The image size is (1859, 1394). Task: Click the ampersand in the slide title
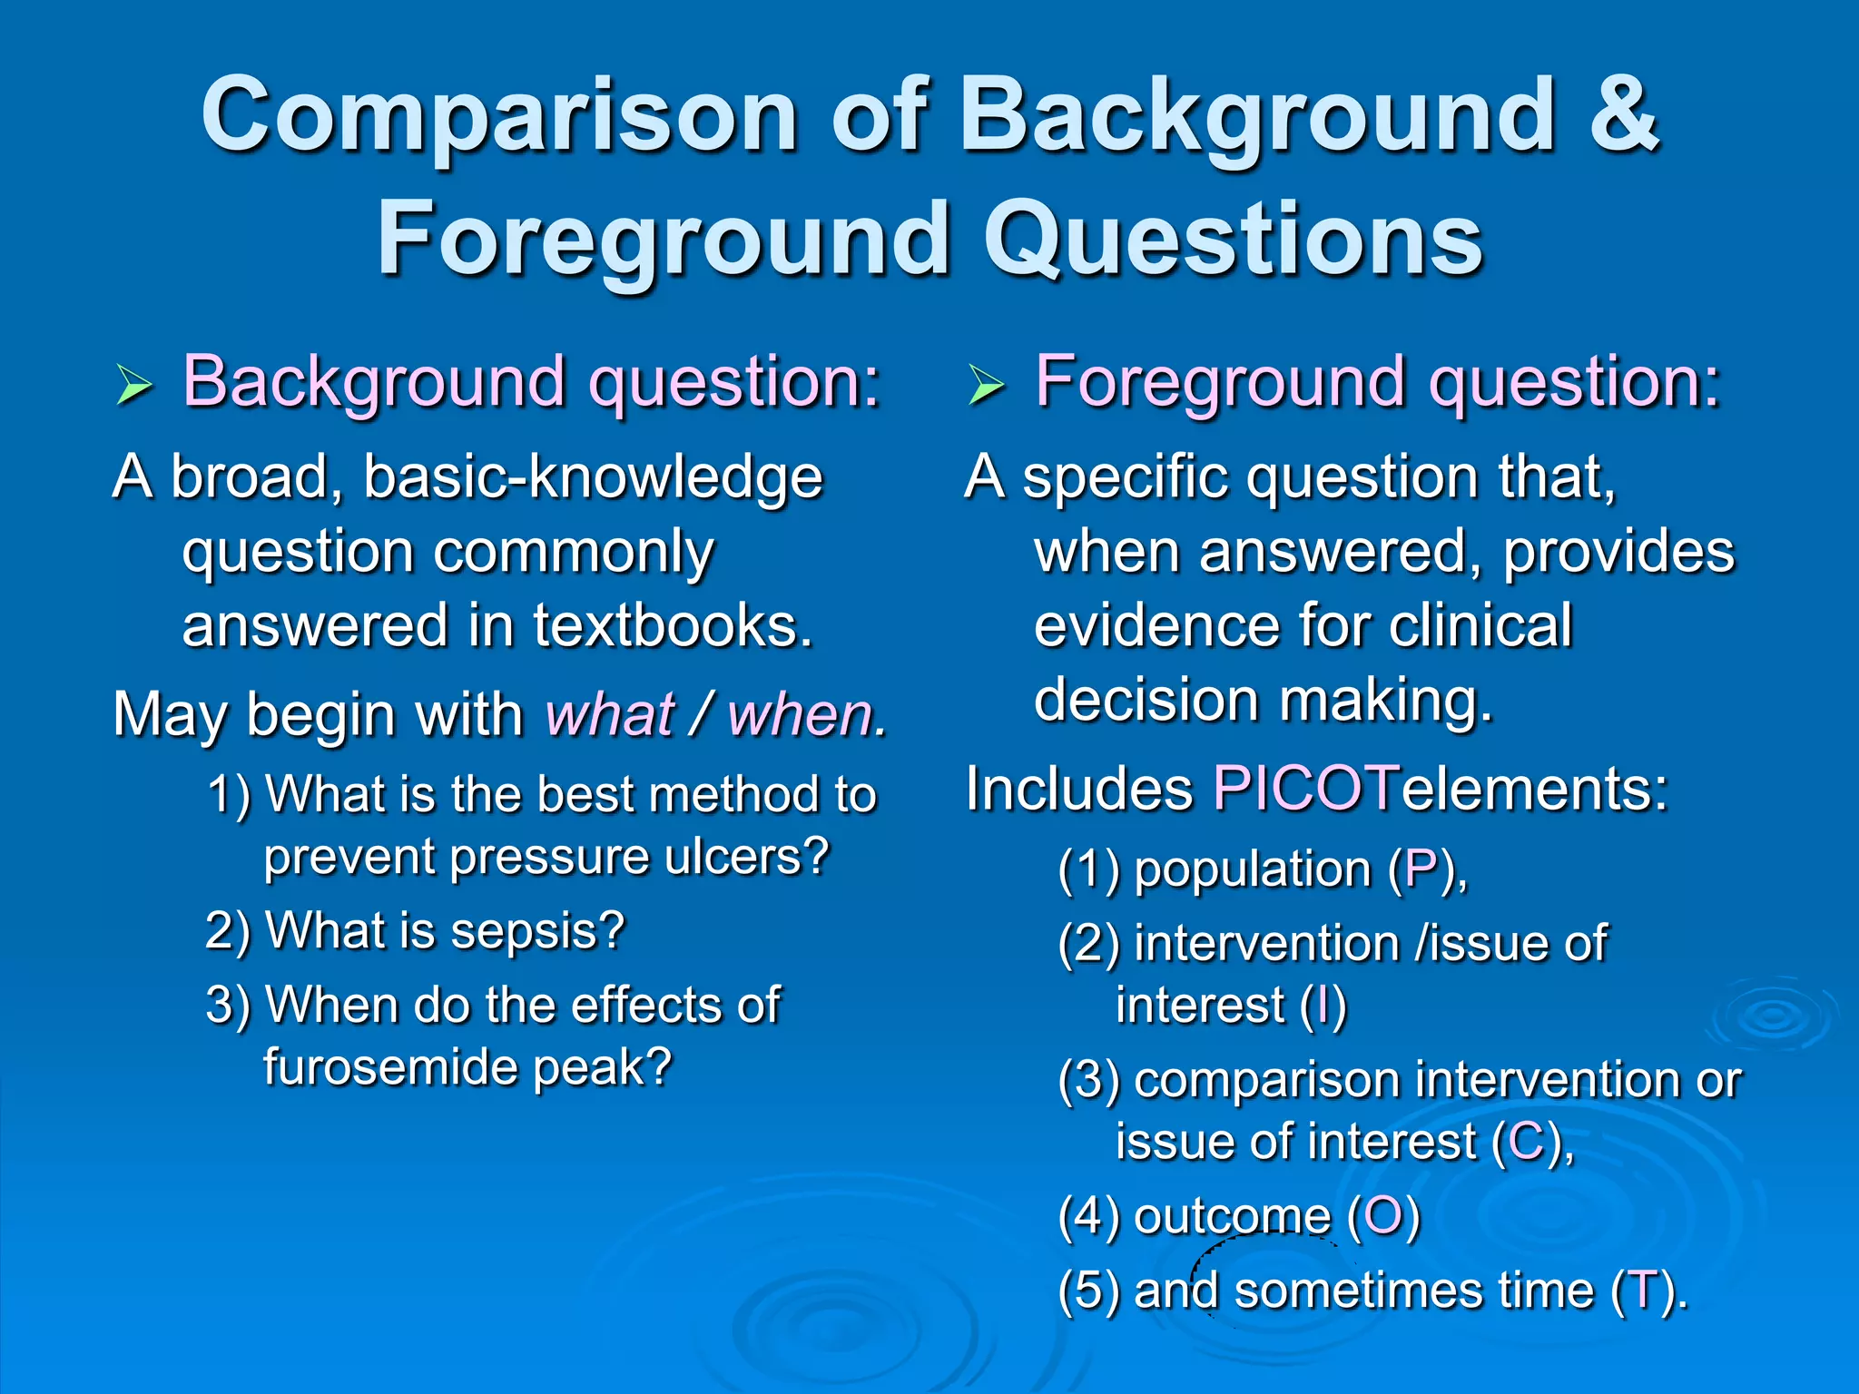(1623, 116)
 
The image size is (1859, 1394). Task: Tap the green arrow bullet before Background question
(134, 386)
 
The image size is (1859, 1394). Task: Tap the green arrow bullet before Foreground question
(986, 386)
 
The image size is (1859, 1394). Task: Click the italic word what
(610, 715)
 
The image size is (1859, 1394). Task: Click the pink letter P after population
(1421, 869)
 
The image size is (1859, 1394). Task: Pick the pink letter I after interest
(1323, 1006)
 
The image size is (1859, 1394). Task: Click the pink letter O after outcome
(1383, 1216)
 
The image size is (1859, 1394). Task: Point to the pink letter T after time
(1644, 1291)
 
